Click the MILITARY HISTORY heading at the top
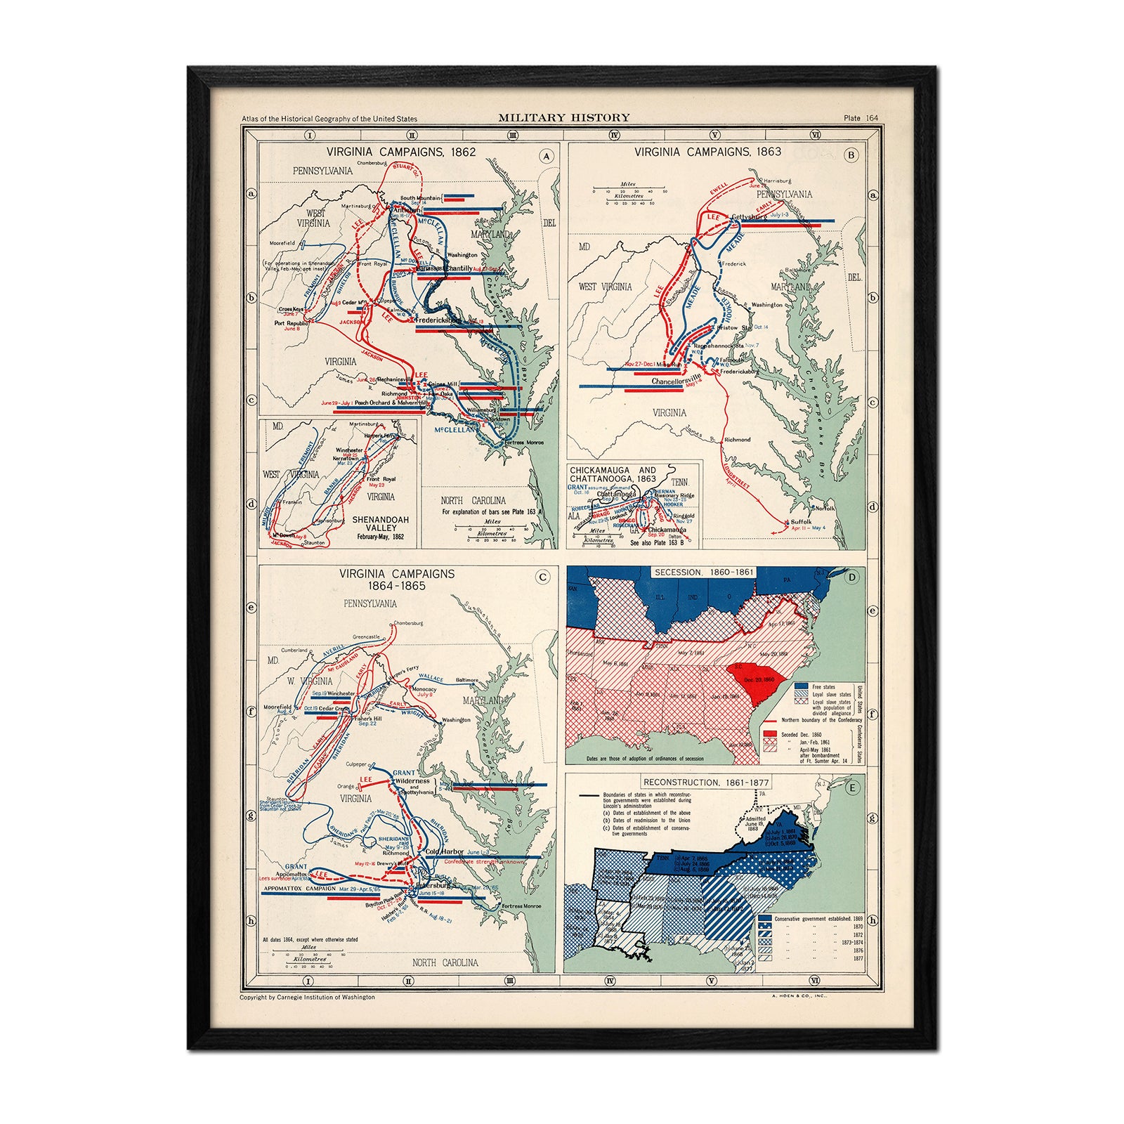click(x=564, y=118)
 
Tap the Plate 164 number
click(x=861, y=119)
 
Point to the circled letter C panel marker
click(x=542, y=578)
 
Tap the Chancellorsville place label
click(x=678, y=381)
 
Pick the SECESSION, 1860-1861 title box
click(x=704, y=573)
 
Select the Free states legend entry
click(x=823, y=687)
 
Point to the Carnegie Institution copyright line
click(x=307, y=997)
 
